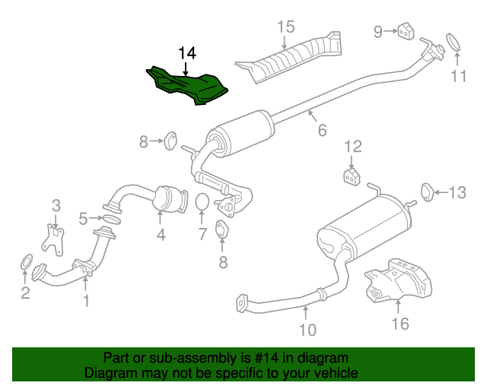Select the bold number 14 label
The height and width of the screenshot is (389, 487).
pos(187,53)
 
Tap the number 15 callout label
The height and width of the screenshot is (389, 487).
pos(286,27)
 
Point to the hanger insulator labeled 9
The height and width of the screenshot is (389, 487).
pos(406,31)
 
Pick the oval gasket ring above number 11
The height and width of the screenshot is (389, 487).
pos(454,42)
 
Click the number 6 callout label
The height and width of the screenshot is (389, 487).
pos(323,130)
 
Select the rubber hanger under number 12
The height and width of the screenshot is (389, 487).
pos(352,176)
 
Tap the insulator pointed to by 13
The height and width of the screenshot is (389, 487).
pos(428,192)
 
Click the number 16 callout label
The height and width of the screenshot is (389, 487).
pos(400,324)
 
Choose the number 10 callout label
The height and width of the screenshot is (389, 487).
pos(307,330)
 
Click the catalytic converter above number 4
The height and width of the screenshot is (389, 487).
pos(170,200)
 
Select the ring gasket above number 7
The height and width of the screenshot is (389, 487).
pos(202,201)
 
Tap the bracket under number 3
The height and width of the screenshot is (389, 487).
pos(53,239)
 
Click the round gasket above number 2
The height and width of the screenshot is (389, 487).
pos(27,262)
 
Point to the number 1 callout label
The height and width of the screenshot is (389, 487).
pos(86,301)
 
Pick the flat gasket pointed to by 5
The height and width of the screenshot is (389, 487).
pos(112,220)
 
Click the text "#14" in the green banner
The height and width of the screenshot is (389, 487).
pos(266,358)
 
